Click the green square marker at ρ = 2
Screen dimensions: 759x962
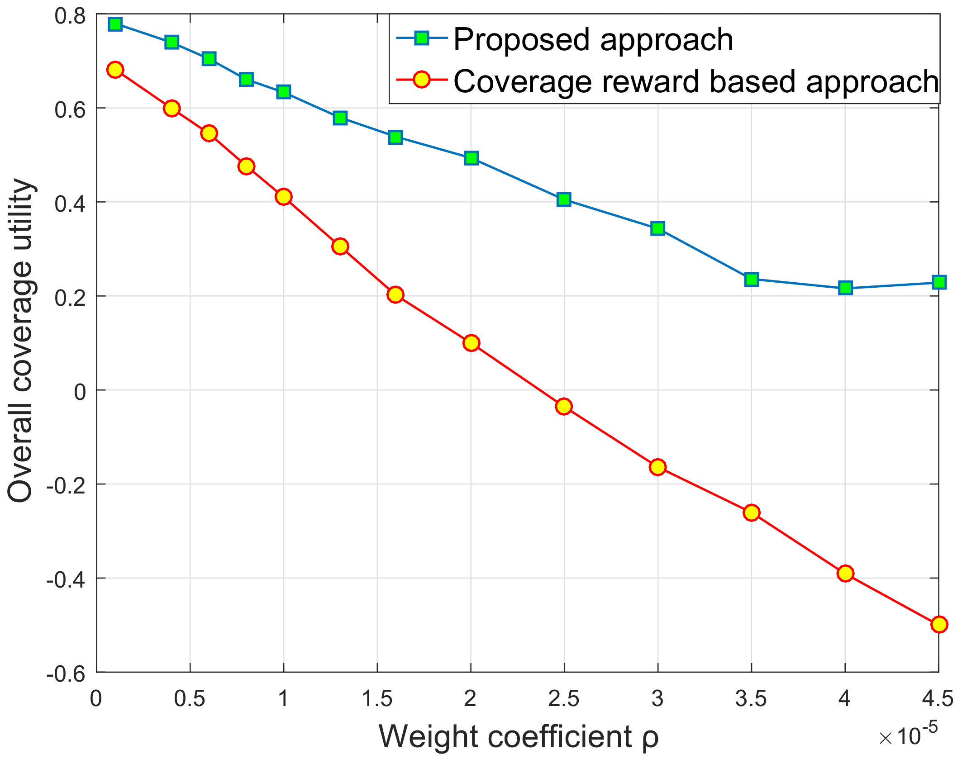471,158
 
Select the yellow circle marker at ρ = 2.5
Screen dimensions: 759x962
564,406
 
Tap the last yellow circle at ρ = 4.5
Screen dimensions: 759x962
939,624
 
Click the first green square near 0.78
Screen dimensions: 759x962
115,24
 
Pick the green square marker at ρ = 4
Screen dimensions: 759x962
845,288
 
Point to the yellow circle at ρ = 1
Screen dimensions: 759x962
284,197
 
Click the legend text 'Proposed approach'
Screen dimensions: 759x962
593,40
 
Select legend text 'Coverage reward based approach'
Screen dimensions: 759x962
696,82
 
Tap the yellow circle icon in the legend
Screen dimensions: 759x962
422,80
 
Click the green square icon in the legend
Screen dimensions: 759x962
422,38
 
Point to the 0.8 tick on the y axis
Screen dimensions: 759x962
70,16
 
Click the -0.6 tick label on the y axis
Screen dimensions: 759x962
66,674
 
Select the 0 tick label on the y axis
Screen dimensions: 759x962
80,392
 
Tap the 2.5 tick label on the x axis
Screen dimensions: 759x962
564,699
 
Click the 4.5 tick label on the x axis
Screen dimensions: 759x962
938,699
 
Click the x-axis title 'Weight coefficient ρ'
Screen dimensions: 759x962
518,736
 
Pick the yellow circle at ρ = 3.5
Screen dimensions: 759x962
752,512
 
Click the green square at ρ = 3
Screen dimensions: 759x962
657,228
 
